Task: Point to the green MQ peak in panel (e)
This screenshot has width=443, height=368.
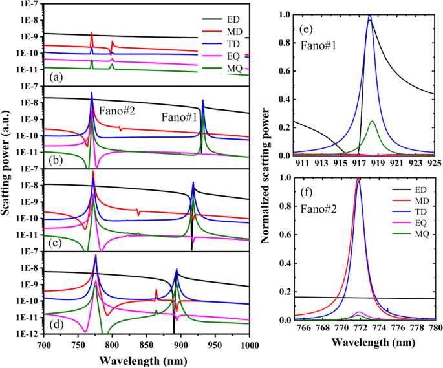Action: pos(372,121)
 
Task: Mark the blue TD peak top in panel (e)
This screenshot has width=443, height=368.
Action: pos(369,15)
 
